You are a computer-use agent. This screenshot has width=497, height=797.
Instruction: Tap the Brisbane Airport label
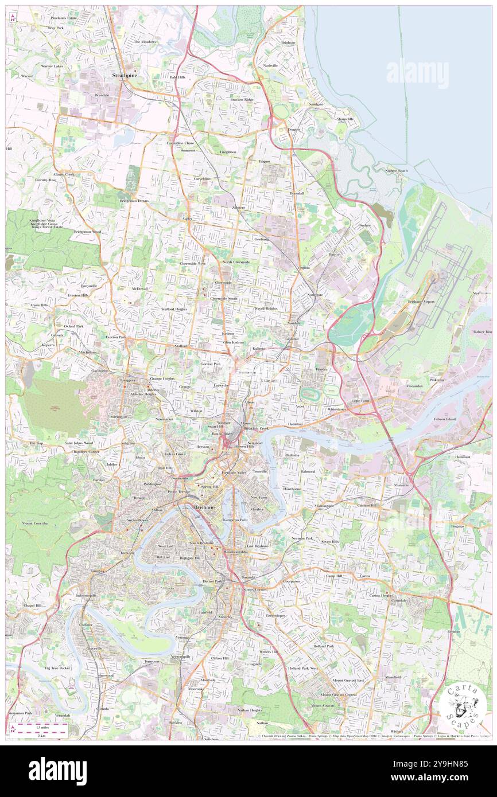pyautogui.click(x=421, y=302)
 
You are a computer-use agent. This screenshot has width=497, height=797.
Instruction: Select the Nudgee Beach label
pyautogui.click(x=397, y=170)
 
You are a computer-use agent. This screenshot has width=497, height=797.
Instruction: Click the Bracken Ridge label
pyautogui.click(x=242, y=100)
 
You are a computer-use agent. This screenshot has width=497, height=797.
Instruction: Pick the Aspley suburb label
pyautogui.click(x=187, y=218)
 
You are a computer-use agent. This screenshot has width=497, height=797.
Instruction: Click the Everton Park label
pyautogui.click(x=115, y=337)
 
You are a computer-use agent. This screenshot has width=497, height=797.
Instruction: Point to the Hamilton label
pyautogui.click(x=296, y=424)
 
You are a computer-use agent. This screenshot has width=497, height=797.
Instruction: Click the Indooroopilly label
pyautogui.click(x=86, y=595)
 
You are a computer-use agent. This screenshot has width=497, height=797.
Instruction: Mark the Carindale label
pyautogui.click(x=399, y=600)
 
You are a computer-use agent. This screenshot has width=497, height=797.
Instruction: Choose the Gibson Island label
pyautogui.click(x=444, y=419)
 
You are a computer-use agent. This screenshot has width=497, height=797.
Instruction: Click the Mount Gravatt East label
pyautogui.click(x=348, y=680)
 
